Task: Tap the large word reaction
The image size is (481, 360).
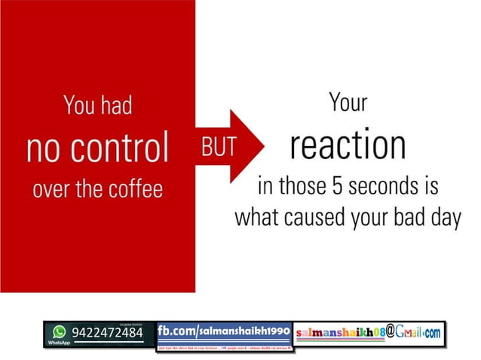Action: pyautogui.click(x=348, y=146)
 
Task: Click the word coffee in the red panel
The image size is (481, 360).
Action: pyautogui.click(x=136, y=188)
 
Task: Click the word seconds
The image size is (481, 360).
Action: pyautogui.click(x=390, y=185)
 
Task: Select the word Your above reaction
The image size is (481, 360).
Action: pyautogui.click(x=348, y=104)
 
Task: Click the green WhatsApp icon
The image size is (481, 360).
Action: pyautogui.click(x=59, y=331)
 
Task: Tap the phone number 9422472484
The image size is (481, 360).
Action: pyautogui.click(x=107, y=332)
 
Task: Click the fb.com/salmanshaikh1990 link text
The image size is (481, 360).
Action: pyautogui.click(x=224, y=331)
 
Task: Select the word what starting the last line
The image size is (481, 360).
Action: pyautogui.click(x=257, y=217)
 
